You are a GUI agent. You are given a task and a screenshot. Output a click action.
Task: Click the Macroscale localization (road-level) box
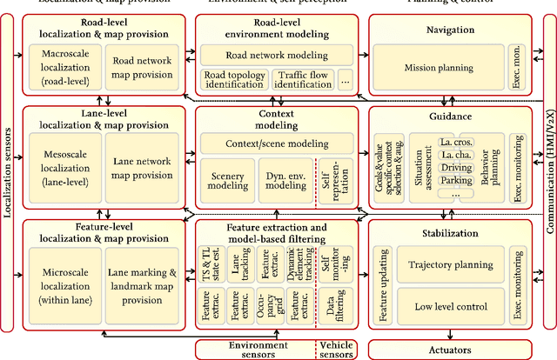64,68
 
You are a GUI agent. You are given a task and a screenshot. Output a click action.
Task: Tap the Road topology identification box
223,81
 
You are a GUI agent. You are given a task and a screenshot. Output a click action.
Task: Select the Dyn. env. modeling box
286,180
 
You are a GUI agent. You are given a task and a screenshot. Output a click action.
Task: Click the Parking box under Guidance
456,181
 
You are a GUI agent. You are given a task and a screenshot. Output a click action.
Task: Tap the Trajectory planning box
451,265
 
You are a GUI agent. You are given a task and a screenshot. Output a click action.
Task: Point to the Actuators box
451,348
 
